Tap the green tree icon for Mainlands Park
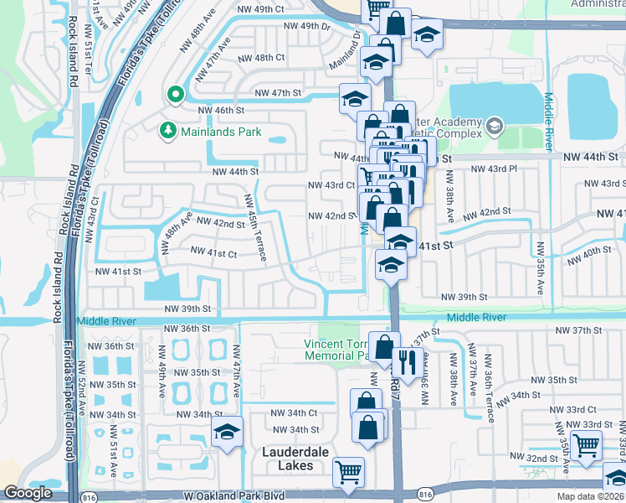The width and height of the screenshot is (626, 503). coord(167,131)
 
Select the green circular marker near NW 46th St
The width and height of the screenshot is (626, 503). coord(175,94)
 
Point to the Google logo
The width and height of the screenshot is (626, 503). coord(28,493)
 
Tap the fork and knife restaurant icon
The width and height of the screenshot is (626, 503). coord(406,361)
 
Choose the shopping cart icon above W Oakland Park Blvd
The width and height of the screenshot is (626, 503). coord(347,471)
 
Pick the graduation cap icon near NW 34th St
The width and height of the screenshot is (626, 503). coord(227,432)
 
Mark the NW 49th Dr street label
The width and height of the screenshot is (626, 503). coord(304,26)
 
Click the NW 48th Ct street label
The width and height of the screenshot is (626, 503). coord(261,58)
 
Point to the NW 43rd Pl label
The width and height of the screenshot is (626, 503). coord(490,169)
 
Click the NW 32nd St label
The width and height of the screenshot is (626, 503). coord(537,459)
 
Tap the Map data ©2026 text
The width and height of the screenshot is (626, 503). coord(590,496)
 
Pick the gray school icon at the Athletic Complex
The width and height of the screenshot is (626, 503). coord(495,127)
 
